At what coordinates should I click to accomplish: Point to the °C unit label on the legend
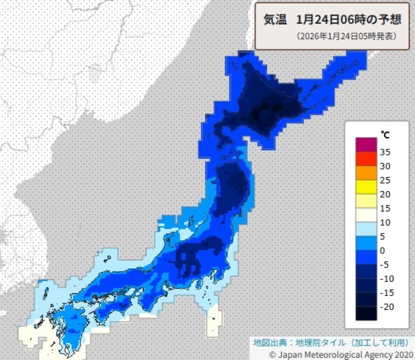385,135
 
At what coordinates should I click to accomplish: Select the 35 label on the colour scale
386,152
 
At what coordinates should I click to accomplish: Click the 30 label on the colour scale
386,166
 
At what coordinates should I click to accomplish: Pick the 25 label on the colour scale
386,180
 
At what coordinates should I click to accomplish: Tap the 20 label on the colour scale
386,194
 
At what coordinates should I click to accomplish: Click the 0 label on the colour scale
383,250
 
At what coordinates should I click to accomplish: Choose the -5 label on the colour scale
385,264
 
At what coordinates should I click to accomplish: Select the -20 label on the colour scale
386,306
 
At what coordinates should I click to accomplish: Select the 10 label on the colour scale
386,222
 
